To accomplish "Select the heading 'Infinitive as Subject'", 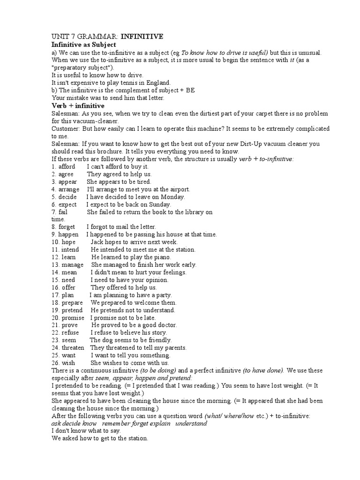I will point(83,44).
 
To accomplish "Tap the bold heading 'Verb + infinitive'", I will point(78,106).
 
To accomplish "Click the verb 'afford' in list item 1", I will point(68,166).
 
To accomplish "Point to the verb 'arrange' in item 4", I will point(69,189).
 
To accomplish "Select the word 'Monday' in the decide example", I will point(172,197).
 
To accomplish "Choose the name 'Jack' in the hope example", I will point(97,242).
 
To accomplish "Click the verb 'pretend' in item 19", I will point(72,310).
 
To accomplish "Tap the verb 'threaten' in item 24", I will point(73,347).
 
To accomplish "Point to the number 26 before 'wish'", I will point(55,362).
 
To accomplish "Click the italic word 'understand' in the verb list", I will point(191,423).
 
